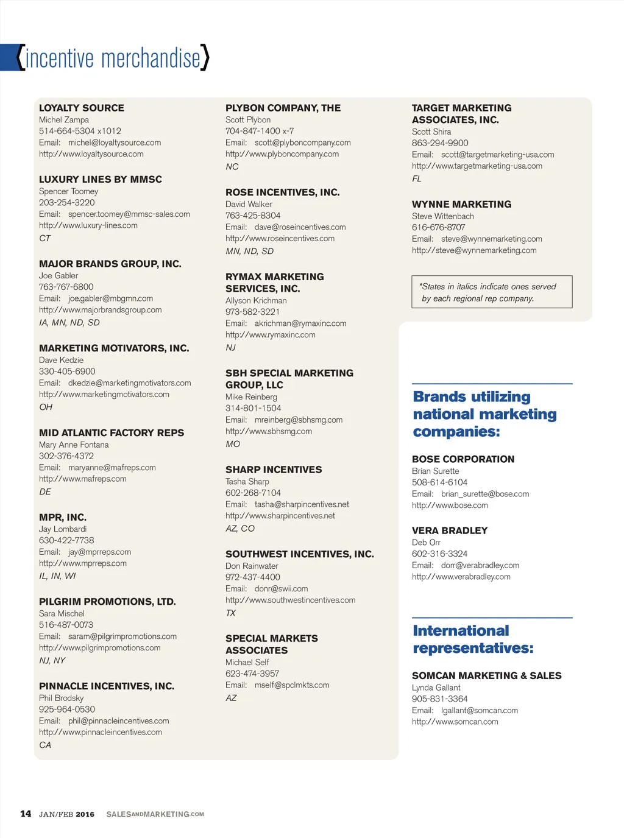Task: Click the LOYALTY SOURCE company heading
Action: click(x=82, y=108)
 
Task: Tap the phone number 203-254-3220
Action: click(x=67, y=202)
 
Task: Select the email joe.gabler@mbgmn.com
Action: click(x=110, y=298)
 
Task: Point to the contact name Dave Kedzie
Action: click(x=61, y=360)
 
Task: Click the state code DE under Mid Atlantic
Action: click(x=45, y=491)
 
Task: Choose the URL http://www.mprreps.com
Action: click(x=83, y=563)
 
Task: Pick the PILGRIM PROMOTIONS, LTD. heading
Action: click(x=107, y=602)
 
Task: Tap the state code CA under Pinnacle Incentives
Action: click(x=45, y=745)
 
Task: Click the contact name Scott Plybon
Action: click(x=248, y=120)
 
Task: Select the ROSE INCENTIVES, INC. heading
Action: click(x=283, y=192)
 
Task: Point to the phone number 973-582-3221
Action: click(x=253, y=311)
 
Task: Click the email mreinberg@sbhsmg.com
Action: click(x=299, y=420)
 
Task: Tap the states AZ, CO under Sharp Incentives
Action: click(x=240, y=529)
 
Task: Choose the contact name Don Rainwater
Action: click(x=252, y=566)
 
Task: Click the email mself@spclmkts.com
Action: click(x=292, y=685)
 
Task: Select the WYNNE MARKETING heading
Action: click(x=461, y=205)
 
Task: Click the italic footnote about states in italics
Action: click(x=487, y=292)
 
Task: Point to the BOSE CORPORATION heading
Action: click(x=463, y=459)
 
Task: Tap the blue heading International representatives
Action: click(x=473, y=639)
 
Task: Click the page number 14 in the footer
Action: click(x=26, y=814)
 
